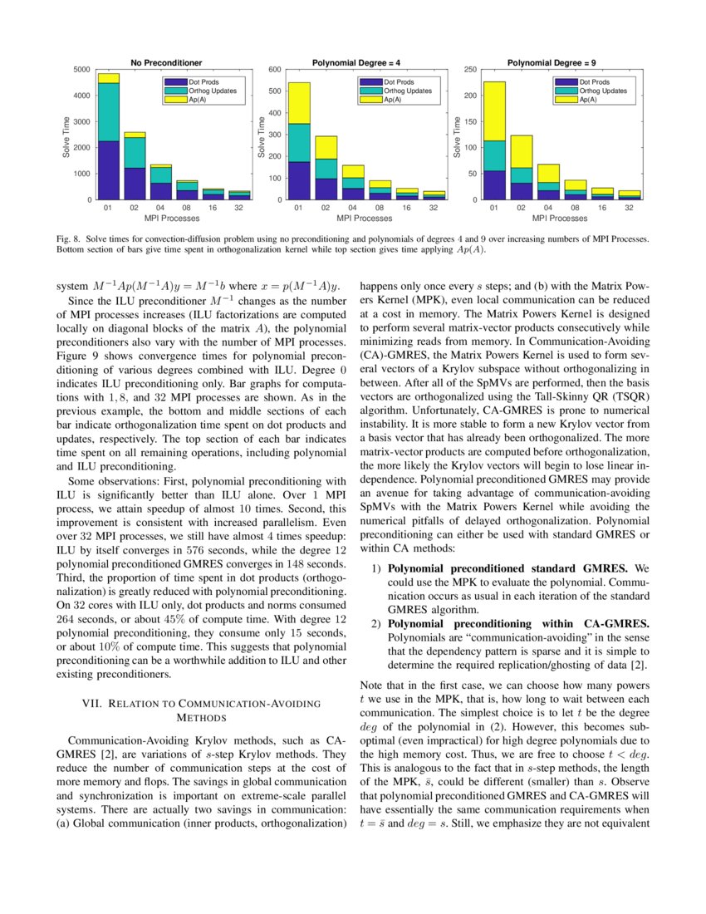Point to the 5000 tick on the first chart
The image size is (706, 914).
tap(83, 69)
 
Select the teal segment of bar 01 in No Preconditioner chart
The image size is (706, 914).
tap(108, 112)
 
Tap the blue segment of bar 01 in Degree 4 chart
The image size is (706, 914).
tap(299, 180)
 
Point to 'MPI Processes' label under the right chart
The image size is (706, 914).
tap(560, 219)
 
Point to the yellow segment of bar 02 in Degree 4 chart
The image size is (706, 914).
tap(326, 147)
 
